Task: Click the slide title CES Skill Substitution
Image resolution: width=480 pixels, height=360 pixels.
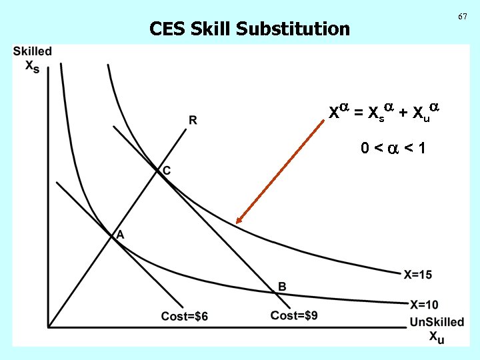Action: pos(249,29)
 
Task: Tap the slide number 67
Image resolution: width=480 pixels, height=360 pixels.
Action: pos(463,15)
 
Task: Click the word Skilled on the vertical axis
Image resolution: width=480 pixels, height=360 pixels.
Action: pos(32,51)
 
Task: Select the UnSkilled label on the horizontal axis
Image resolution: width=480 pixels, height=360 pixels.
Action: pos(437,322)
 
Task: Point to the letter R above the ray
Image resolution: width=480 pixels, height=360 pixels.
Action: pos(193,120)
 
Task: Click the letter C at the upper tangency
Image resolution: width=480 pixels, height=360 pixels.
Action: pos(167,171)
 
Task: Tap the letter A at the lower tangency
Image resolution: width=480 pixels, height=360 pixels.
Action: pos(121,234)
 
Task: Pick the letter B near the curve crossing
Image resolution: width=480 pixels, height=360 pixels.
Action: pos(282,286)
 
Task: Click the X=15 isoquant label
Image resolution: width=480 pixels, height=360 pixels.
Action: pos(418,274)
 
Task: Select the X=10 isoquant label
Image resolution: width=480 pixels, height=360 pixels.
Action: pos(423,305)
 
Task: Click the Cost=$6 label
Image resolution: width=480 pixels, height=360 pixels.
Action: pos(185,316)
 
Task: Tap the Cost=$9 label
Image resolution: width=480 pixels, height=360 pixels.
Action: pos(294,315)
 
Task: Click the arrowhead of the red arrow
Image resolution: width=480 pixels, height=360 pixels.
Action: pos(239,222)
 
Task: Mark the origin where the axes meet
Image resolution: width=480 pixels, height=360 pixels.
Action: pos(48,327)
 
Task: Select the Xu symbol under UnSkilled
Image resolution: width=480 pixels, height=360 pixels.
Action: pos(437,337)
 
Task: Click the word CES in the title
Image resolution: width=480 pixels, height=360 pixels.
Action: pos(167,29)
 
